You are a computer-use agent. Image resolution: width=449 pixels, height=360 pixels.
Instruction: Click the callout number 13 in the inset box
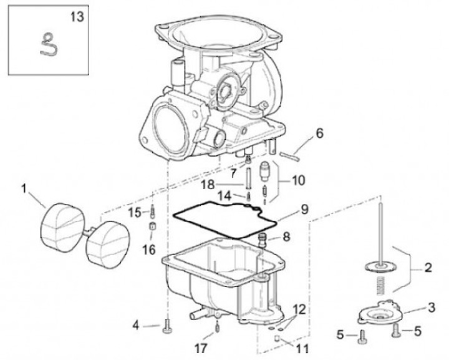coord(77,17)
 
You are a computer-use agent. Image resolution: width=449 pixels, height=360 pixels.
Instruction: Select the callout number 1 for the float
coord(24,189)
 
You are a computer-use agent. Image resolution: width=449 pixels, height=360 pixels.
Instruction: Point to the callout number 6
coord(319,133)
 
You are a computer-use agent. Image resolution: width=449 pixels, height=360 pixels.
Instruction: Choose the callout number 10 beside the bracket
coord(299,180)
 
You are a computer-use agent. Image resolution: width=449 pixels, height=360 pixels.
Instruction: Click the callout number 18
coord(208,185)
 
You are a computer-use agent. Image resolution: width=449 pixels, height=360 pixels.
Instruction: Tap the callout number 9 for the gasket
coord(304,210)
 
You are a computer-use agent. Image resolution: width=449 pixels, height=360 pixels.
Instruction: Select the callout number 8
coord(286,236)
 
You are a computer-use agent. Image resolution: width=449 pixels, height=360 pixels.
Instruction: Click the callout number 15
coord(135,213)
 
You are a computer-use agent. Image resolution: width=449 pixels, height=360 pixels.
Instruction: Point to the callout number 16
coord(149,250)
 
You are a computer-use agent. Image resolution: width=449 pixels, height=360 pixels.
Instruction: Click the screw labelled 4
coord(167,326)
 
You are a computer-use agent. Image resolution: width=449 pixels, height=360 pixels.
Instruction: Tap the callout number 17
coord(200,349)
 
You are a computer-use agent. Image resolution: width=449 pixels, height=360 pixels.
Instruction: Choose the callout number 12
coord(299,309)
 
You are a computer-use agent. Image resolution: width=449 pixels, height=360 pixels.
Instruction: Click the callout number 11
coord(302,349)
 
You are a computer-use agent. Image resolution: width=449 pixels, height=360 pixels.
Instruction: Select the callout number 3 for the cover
coord(432,308)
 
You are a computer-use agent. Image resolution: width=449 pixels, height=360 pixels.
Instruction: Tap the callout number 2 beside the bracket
coord(428,268)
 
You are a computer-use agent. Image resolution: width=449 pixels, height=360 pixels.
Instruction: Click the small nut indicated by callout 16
coord(152,226)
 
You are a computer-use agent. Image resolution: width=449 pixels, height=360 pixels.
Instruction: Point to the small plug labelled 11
coord(277,338)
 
